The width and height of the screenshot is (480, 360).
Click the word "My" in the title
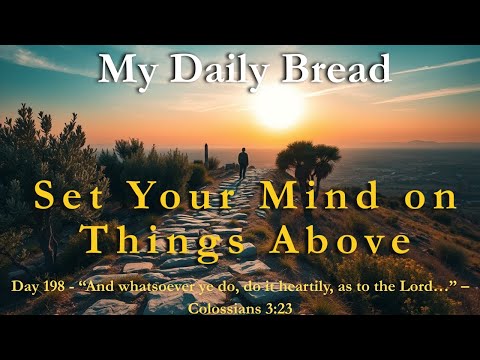[126, 70]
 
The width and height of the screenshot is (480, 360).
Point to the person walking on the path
[243, 161]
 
